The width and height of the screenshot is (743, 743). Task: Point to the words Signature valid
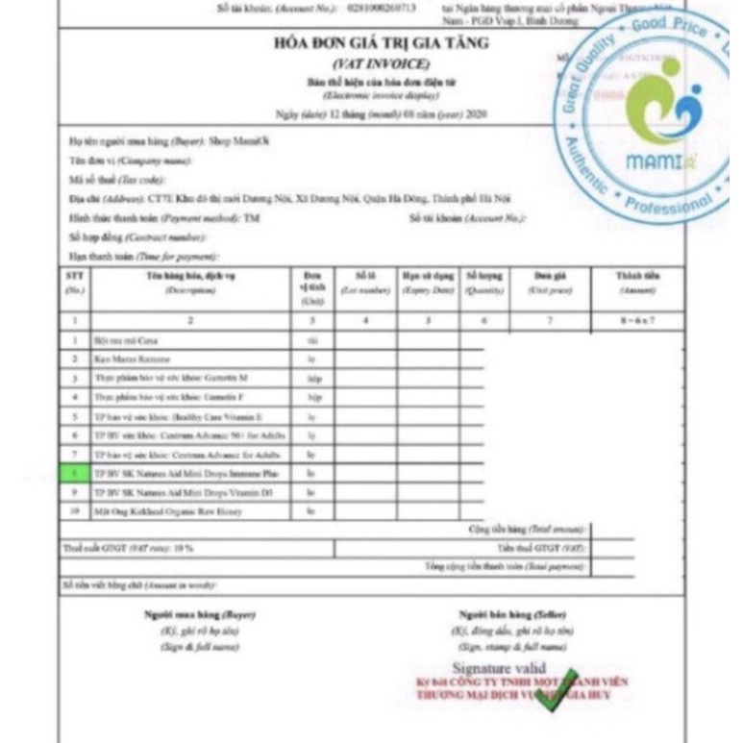499,668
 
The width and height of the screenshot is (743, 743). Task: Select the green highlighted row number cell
74,474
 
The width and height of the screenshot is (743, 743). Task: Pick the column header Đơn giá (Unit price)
549,282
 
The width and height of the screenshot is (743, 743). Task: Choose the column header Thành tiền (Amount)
637,282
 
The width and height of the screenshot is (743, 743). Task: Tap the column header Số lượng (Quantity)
484,282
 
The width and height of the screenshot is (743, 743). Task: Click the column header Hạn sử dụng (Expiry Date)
427,282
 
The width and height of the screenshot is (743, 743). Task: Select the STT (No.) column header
74,282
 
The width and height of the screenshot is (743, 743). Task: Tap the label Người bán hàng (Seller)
512,613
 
